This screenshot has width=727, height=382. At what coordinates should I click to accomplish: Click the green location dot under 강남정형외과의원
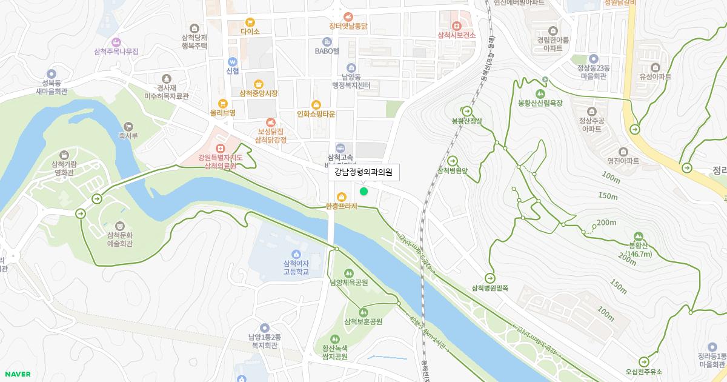363,192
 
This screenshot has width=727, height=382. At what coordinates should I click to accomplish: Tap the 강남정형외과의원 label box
363,173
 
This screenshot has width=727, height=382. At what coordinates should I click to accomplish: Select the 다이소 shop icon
250,22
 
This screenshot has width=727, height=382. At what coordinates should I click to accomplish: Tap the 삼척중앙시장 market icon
259,84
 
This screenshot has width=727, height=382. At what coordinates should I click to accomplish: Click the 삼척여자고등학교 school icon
296,253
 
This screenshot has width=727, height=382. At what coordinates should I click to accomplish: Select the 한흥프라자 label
342,206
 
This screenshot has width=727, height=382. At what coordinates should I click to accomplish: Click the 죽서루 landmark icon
128,125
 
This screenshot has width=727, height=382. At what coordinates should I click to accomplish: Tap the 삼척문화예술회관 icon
119,226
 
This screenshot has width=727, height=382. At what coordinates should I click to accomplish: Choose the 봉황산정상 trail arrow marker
466,112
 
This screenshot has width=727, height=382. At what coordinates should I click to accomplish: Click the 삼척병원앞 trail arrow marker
453,161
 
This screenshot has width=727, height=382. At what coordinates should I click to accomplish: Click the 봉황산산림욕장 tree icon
540,93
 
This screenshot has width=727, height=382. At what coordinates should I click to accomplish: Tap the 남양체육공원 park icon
348,273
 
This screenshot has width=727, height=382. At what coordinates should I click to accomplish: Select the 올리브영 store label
222,113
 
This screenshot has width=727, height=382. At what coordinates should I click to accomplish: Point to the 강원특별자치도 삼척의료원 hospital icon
221,147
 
